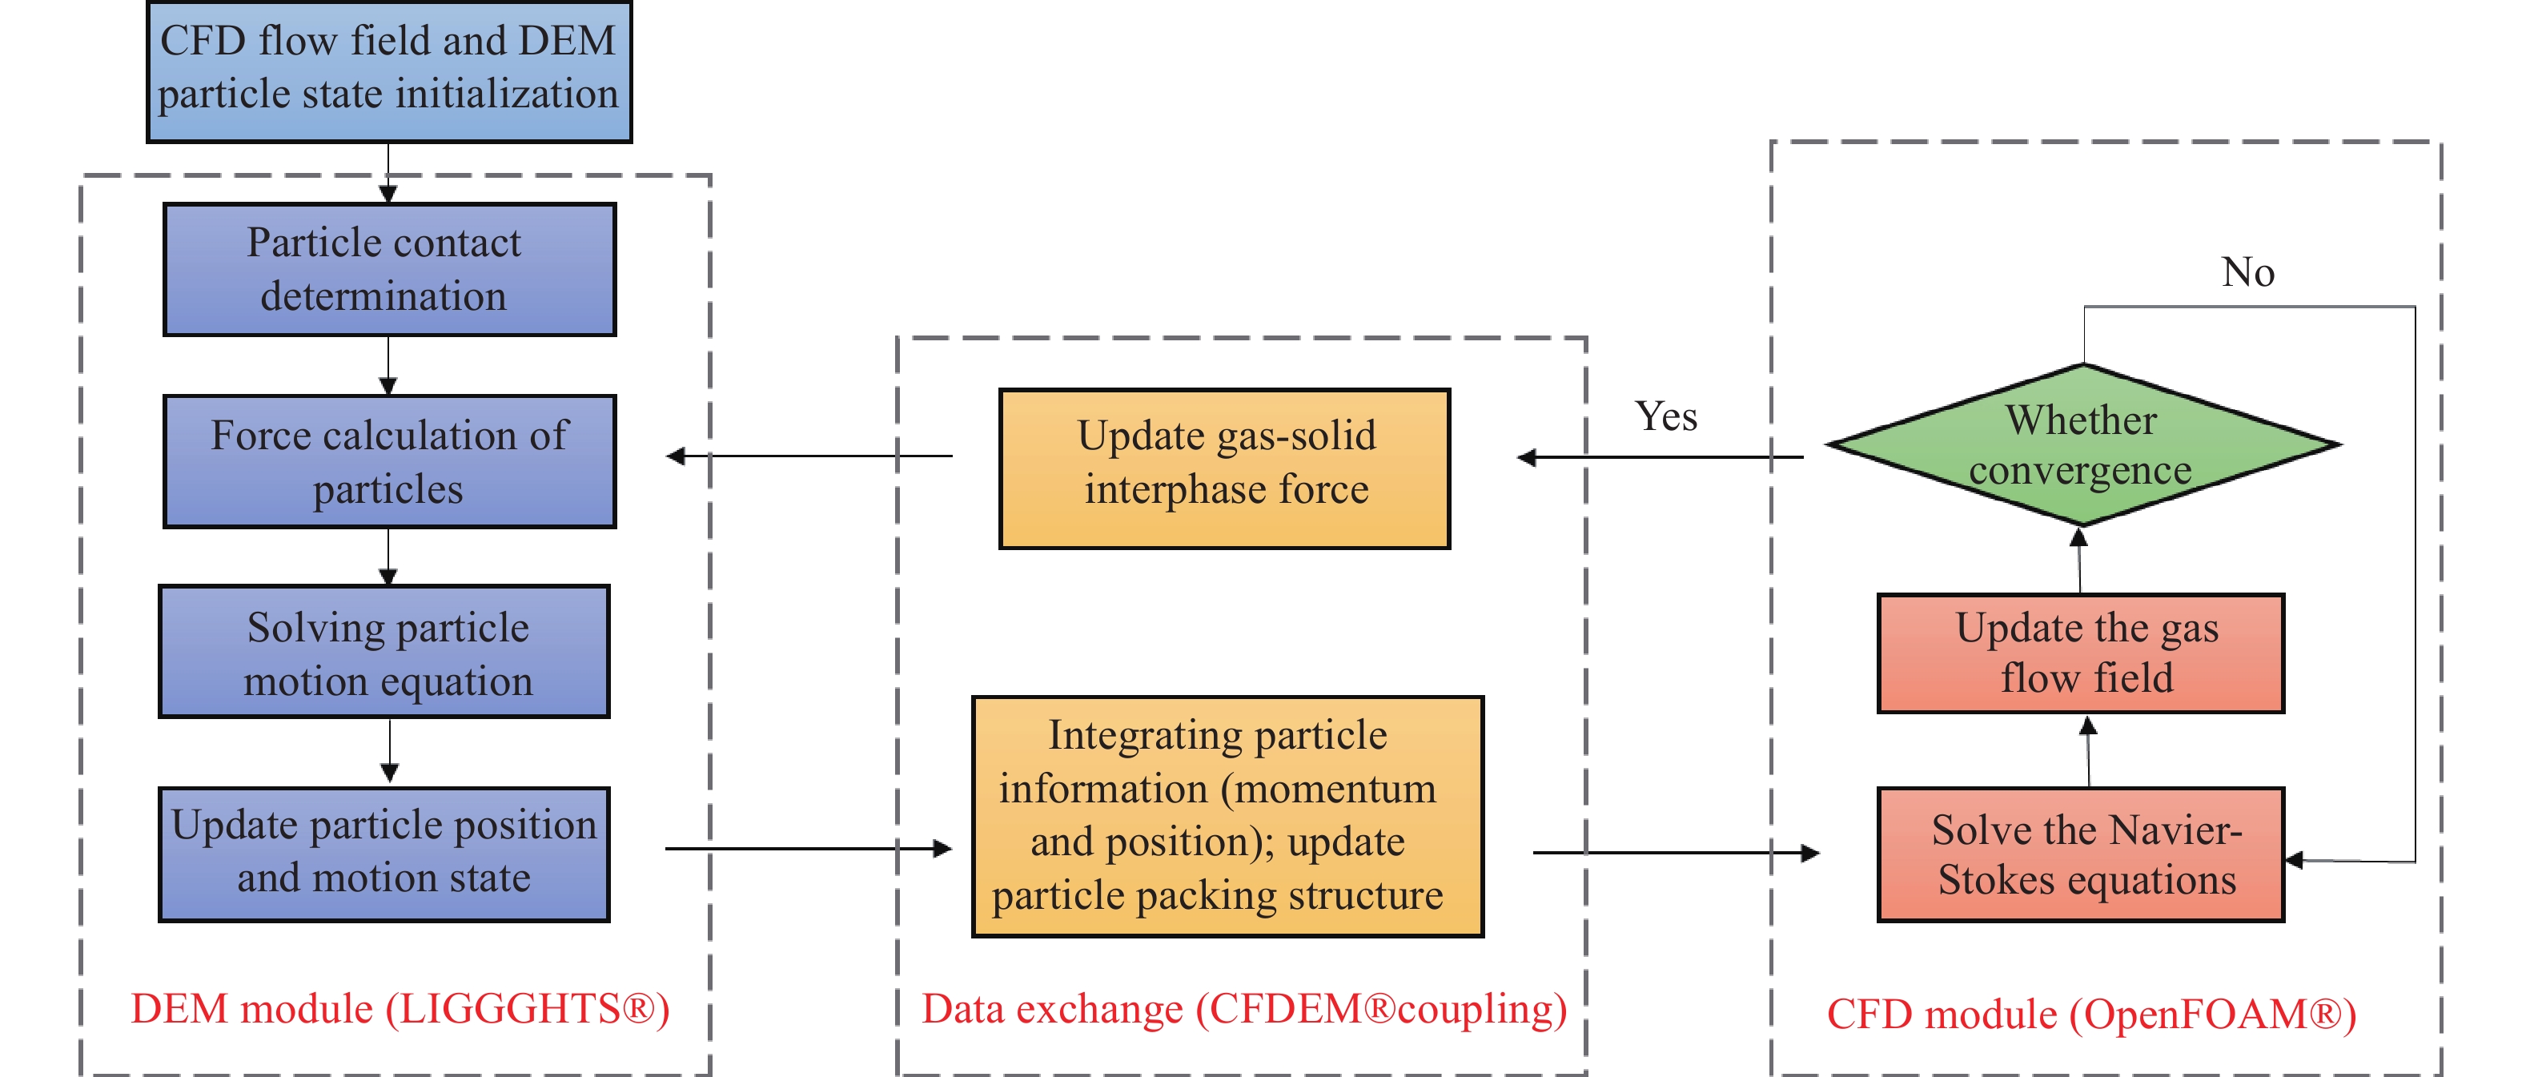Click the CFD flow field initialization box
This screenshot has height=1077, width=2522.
point(388,70)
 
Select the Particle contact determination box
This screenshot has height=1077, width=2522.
point(388,269)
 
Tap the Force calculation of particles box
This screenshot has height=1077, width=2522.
point(388,461)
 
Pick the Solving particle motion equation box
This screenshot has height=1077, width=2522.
point(384,652)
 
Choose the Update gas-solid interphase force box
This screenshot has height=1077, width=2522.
point(1224,468)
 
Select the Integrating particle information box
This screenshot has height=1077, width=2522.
point(1227,816)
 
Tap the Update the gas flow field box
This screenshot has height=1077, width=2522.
point(2081,653)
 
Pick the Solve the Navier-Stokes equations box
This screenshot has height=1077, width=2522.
point(2081,854)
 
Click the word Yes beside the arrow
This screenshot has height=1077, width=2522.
point(1665,417)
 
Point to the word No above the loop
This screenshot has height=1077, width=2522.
point(2247,272)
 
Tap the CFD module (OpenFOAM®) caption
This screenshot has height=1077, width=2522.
point(2091,1015)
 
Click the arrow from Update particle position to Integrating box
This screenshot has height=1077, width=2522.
point(808,848)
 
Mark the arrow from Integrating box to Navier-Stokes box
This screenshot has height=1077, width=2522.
point(1674,853)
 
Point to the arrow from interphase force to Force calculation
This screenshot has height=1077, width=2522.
point(808,456)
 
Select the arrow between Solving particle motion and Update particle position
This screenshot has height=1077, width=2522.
point(390,751)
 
